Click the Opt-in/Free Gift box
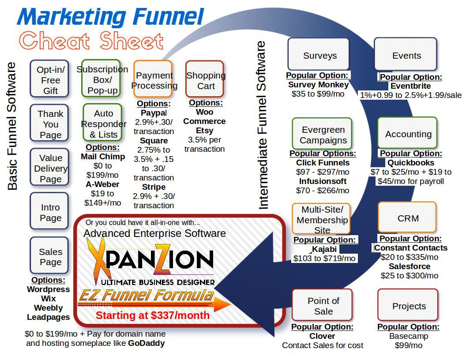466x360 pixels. coord(49,79)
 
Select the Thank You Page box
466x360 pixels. coord(49,124)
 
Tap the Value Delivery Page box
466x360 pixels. coord(49,168)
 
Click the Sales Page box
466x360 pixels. coord(49,256)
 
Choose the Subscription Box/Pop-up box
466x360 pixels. coord(101,79)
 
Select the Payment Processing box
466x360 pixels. coord(153,79)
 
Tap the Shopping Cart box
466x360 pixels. coord(205,79)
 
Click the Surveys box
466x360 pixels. coord(319,55)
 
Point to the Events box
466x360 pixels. coord(406,55)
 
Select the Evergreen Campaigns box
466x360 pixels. coord(322,134)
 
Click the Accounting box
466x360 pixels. coord(407,133)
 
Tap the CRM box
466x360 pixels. coord(407,217)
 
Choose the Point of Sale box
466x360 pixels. coord(323,305)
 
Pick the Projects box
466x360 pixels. coord(408,305)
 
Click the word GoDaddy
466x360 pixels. coord(146,343)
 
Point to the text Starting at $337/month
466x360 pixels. coord(153,315)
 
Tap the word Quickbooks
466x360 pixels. coord(411,163)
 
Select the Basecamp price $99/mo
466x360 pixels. coord(408,345)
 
